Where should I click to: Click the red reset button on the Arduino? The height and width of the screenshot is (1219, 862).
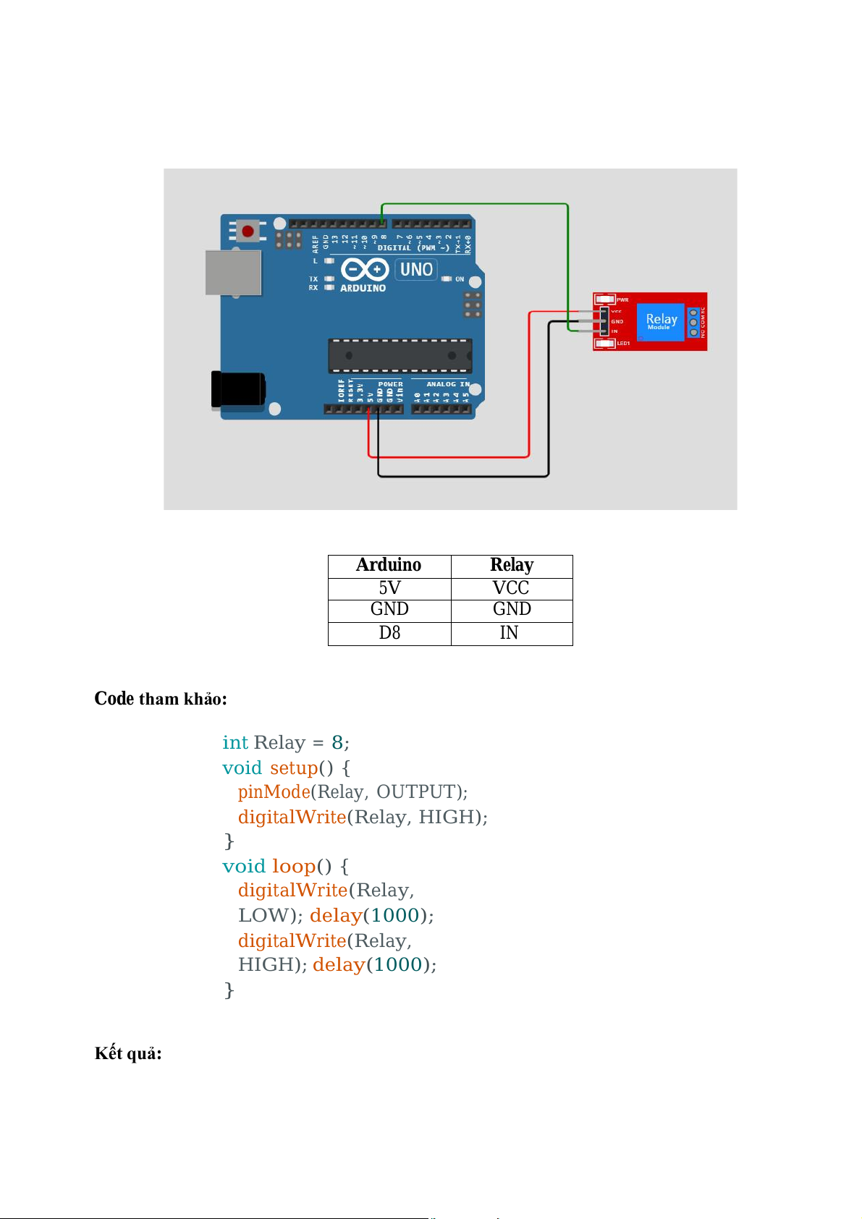(x=248, y=232)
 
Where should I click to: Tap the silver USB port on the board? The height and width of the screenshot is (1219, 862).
(x=233, y=273)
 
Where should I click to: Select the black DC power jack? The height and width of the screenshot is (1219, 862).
(x=237, y=388)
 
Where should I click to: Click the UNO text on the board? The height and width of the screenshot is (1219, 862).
(x=416, y=270)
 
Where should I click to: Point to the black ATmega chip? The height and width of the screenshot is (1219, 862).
(x=400, y=355)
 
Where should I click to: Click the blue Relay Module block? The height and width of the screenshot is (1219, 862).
(x=661, y=321)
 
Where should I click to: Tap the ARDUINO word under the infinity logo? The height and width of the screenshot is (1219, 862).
(x=363, y=288)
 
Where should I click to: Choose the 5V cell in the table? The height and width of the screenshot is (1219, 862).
(x=389, y=588)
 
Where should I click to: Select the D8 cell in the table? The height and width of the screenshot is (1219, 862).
(x=389, y=633)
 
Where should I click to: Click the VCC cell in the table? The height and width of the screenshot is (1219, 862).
(x=511, y=588)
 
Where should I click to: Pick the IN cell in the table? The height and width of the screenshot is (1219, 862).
(x=509, y=633)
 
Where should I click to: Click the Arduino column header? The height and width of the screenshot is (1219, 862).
(x=389, y=565)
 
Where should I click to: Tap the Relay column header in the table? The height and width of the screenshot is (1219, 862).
(x=512, y=565)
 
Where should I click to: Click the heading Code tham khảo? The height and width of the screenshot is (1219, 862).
(x=161, y=699)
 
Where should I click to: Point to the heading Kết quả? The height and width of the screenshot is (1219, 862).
(x=128, y=1053)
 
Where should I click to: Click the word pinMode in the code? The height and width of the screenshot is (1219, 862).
(x=274, y=792)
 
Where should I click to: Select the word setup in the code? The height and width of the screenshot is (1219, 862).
(x=294, y=768)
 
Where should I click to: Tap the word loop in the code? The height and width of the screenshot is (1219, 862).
(x=294, y=866)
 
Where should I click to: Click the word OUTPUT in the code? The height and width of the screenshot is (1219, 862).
(x=415, y=792)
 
